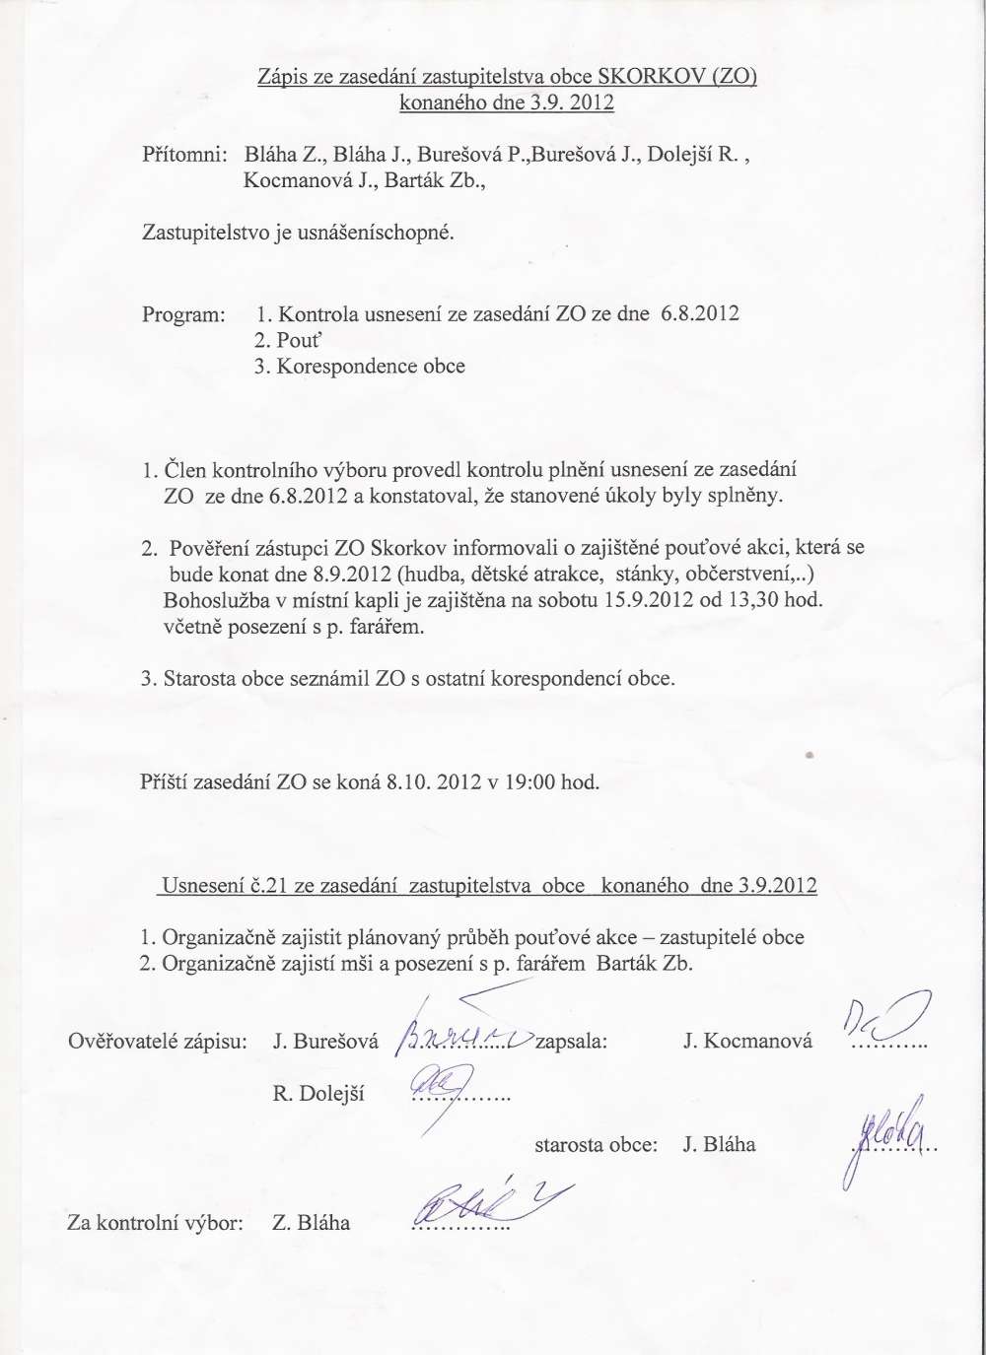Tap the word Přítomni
pos(185,155)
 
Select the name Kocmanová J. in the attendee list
pos(305,180)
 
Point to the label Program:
pos(183,315)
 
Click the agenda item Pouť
pos(300,340)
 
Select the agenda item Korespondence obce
pos(371,367)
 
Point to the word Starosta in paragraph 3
pos(201,679)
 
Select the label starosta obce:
pos(596,1145)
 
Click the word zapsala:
pos(571,1041)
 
